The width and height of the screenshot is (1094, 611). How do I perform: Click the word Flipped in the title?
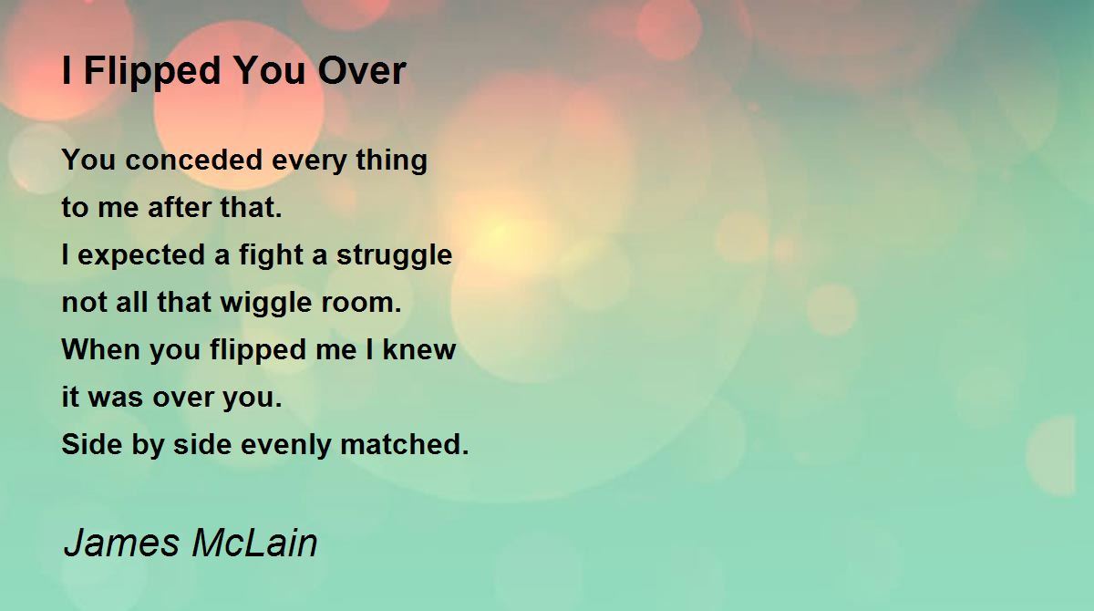[152, 72]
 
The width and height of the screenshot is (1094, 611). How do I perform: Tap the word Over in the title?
[362, 71]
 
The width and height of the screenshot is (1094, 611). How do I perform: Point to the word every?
[309, 161]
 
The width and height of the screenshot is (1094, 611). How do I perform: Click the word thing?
[392, 161]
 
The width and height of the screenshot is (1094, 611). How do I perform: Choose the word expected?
[141, 256]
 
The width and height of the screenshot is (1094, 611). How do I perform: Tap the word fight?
[271, 256]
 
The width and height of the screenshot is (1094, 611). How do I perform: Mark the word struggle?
[394, 256]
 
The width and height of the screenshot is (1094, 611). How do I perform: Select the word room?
[361, 304]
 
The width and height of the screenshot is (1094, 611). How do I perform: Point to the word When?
[101, 349]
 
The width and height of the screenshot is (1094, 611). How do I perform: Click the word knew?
[419, 349]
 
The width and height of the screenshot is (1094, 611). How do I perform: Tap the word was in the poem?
[117, 398]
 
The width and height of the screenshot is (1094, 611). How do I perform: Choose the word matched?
[405, 445]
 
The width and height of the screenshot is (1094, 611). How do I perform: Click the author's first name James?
[121, 543]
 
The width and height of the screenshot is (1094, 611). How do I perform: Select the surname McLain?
[255, 543]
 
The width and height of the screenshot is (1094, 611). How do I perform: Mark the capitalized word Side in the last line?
[92, 444]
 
